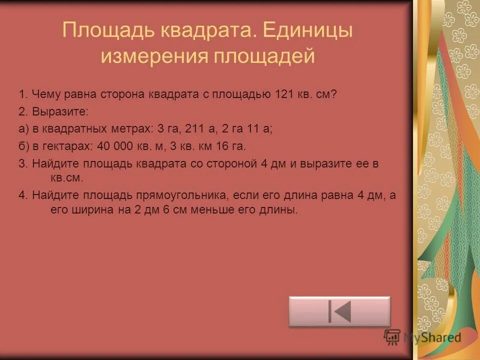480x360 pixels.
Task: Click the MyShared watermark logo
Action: pos(422,337)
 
